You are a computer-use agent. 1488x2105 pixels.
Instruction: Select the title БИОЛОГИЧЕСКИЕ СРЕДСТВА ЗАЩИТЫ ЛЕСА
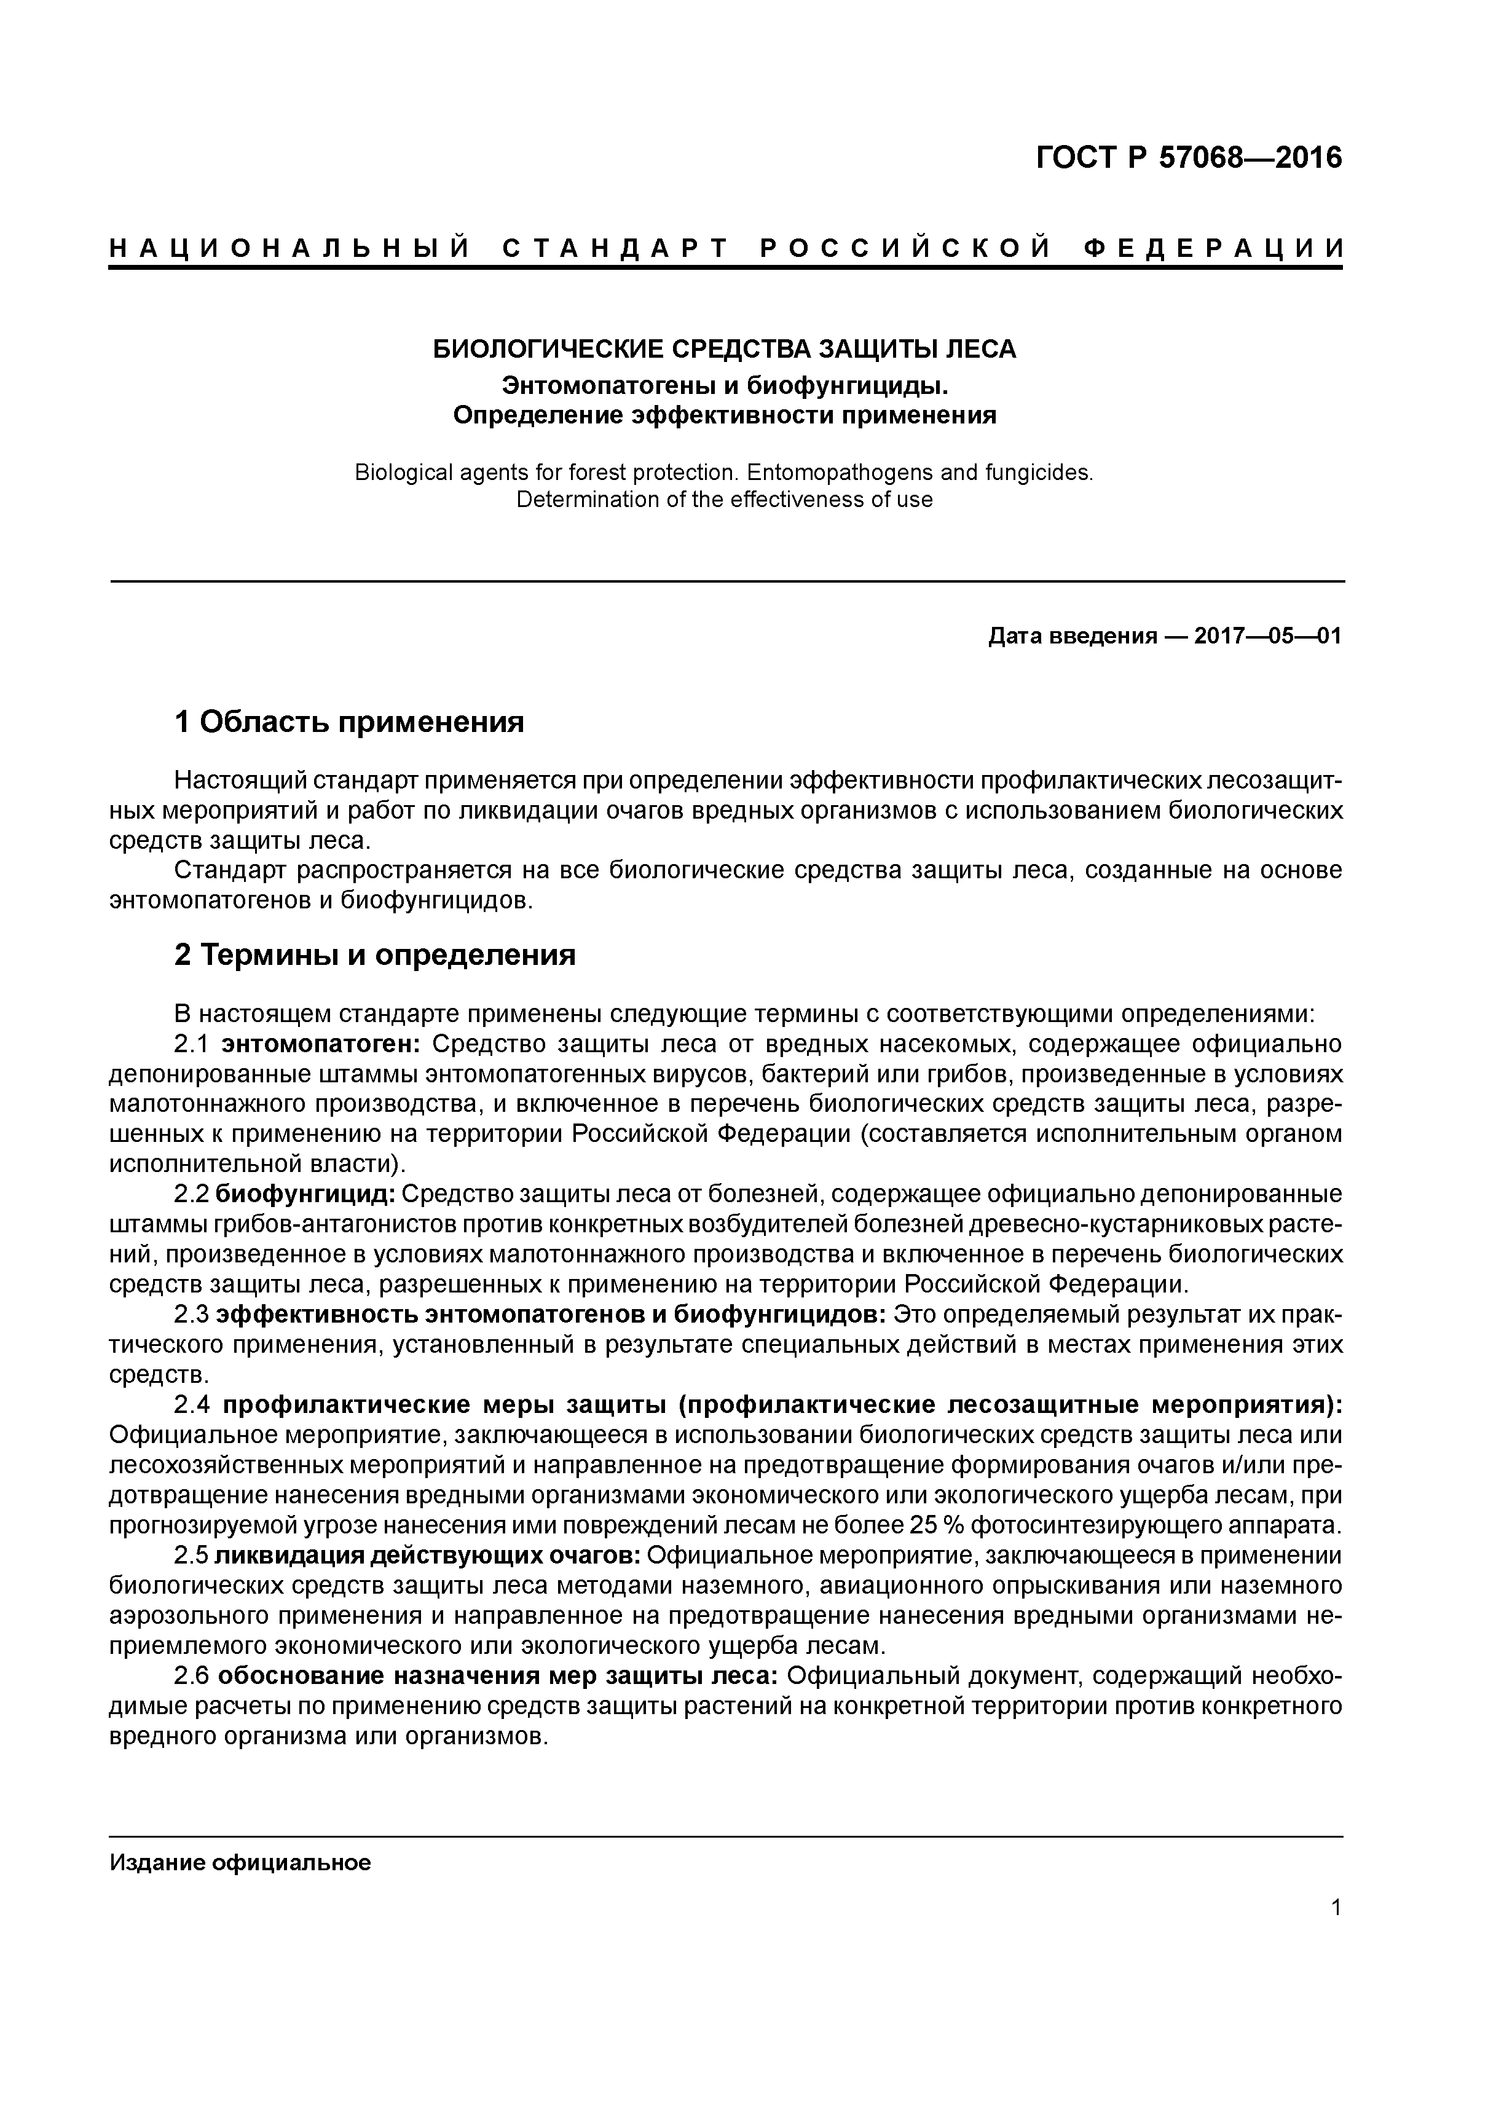pos(724,349)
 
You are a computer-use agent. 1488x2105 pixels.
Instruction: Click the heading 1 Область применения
pos(349,722)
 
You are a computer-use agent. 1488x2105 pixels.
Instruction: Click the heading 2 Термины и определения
pos(375,955)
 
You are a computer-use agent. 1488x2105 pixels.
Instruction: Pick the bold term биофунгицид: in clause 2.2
pos(305,1195)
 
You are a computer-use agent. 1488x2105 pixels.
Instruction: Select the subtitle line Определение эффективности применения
pos(724,415)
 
